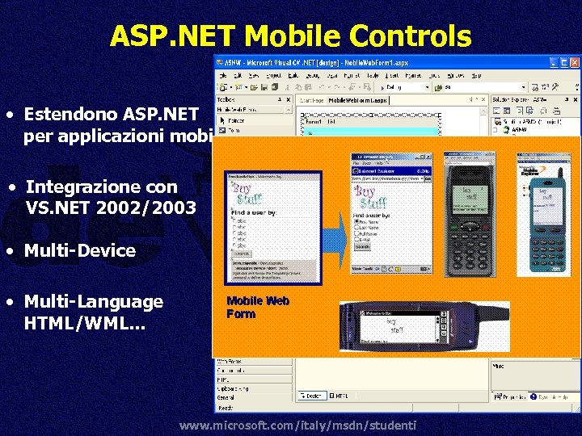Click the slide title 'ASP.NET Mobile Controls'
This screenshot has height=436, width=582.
click(x=290, y=36)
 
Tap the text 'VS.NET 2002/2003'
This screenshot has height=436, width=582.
click(x=111, y=208)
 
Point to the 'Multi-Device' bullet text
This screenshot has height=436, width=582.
click(x=80, y=250)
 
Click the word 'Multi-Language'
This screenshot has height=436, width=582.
click(x=94, y=301)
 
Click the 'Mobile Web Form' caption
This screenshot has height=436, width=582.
click(x=258, y=308)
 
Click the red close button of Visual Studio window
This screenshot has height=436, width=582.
click(x=575, y=62)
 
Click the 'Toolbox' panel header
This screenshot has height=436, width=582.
click(x=226, y=100)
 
